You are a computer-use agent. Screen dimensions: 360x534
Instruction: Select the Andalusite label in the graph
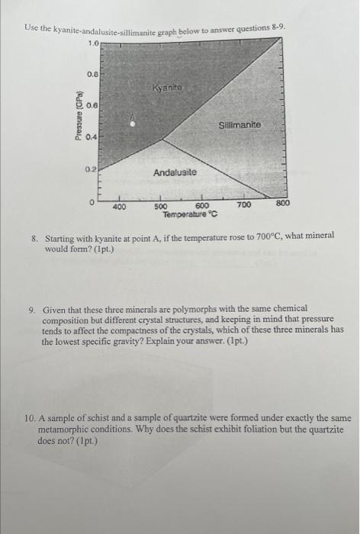click(x=175, y=173)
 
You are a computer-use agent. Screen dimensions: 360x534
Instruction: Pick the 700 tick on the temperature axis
click(x=243, y=207)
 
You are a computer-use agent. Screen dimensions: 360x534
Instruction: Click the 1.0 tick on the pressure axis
click(x=92, y=44)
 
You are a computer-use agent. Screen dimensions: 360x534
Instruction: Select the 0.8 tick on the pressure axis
click(x=92, y=74)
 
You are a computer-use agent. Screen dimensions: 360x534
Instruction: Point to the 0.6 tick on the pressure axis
click(x=92, y=105)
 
